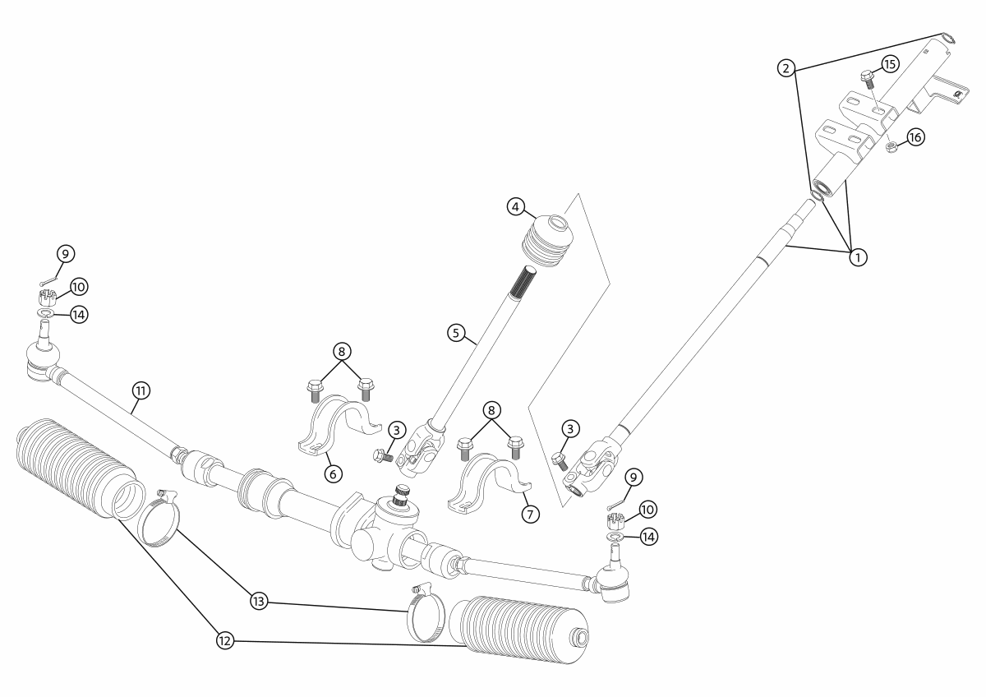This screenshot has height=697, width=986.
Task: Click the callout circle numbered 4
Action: point(515,207)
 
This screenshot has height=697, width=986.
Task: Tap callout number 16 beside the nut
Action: point(915,138)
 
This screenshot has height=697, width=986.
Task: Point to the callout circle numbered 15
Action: point(891,64)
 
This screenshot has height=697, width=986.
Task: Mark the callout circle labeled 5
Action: point(458,333)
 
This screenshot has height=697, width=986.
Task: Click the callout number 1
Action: point(857,256)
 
